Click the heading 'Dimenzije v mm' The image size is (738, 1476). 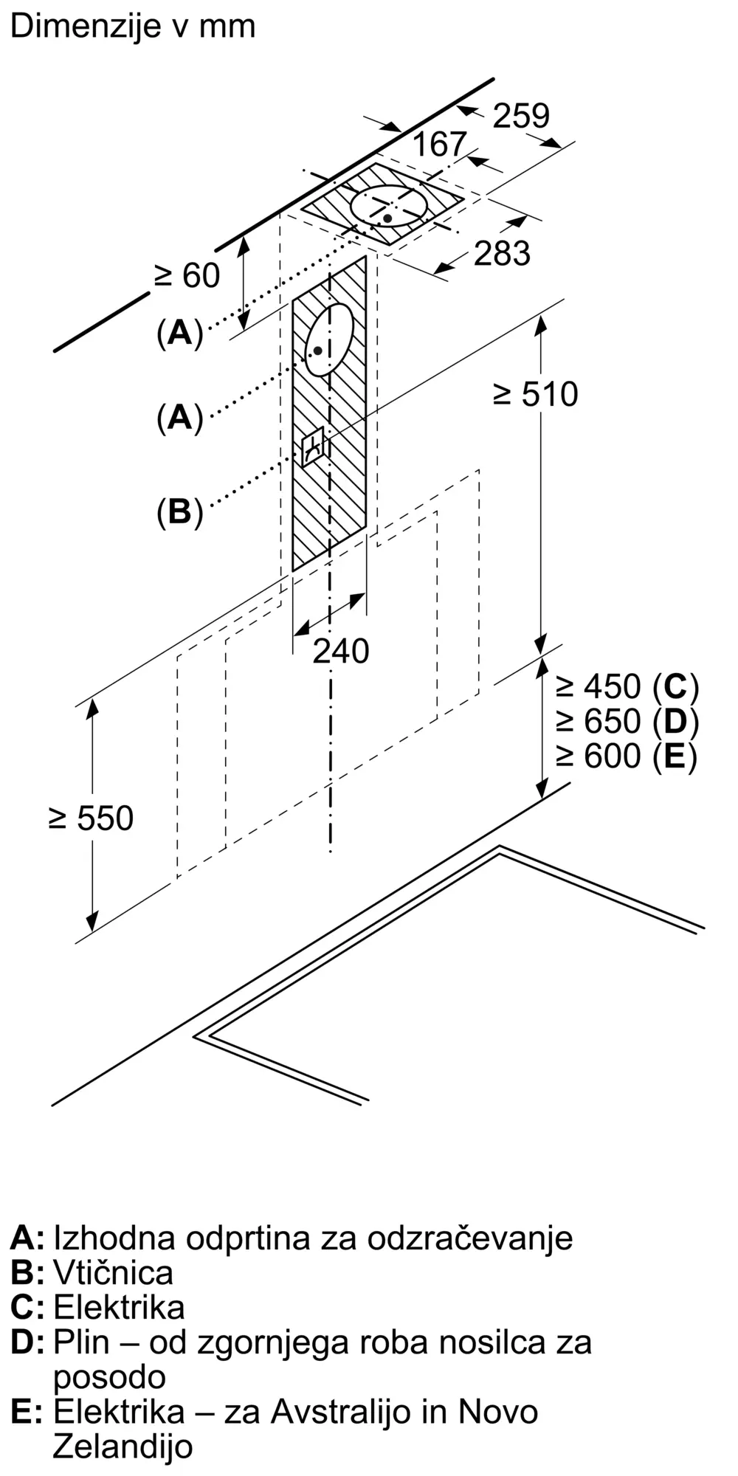click(x=133, y=27)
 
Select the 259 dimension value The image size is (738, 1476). click(x=521, y=116)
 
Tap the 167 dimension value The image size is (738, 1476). click(x=440, y=144)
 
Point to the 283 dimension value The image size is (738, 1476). click(x=502, y=253)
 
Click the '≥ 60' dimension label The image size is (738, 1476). click(x=187, y=276)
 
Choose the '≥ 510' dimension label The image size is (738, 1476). click(x=536, y=395)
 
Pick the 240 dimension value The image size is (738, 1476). click(x=340, y=651)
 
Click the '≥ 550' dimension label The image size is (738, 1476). click(x=91, y=818)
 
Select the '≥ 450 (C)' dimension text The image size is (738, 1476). click(x=627, y=687)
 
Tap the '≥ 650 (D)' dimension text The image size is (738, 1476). click(x=627, y=721)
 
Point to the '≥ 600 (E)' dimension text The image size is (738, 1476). click(x=627, y=756)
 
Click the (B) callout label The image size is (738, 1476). click(x=179, y=511)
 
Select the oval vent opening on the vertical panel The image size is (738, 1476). click(x=329, y=339)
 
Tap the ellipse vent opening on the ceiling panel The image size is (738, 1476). click(x=389, y=206)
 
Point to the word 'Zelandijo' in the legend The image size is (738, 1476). click(x=123, y=1446)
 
